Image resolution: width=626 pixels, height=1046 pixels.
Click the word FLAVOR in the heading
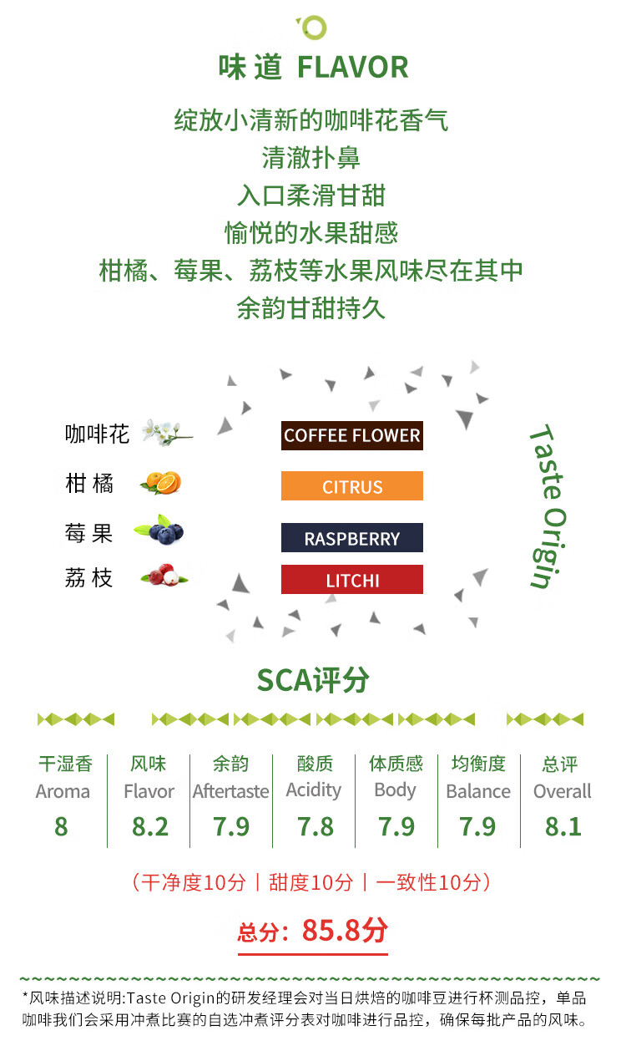(x=353, y=67)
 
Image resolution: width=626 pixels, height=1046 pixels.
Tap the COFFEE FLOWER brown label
(x=351, y=435)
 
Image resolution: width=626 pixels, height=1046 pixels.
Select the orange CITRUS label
(x=351, y=486)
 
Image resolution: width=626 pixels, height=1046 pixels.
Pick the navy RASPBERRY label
(x=351, y=538)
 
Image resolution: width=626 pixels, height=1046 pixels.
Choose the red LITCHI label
(x=351, y=580)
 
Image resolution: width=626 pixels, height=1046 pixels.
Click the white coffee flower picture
(x=167, y=433)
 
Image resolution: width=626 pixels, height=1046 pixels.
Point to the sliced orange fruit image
(x=161, y=483)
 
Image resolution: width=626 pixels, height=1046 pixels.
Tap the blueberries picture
(x=160, y=530)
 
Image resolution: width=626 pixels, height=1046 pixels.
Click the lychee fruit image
(x=164, y=576)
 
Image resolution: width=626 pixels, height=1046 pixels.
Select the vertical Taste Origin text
(x=548, y=506)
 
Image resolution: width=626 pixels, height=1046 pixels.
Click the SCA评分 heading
(x=313, y=680)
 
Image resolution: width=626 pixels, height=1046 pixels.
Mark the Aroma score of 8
(x=61, y=827)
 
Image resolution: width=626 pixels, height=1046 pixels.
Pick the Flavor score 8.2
(x=149, y=827)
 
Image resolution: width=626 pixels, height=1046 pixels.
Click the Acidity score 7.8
(x=316, y=827)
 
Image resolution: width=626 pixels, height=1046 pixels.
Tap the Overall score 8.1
(x=563, y=827)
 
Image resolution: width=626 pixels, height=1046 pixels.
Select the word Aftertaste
(x=231, y=791)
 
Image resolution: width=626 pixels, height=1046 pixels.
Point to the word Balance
(x=478, y=791)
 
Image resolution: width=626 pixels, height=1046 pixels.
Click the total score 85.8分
(x=346, y=930)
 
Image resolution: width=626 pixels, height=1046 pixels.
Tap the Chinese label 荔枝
(x=88, y=577)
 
